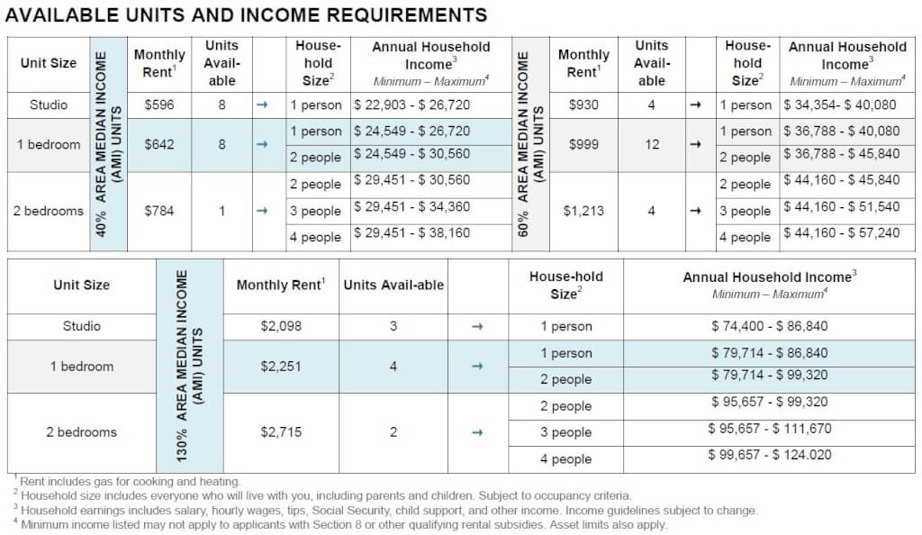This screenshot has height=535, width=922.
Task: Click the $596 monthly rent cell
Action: (158, 104)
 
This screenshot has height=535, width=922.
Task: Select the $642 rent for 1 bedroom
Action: (158, 144)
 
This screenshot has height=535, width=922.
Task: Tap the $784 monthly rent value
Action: (158, 211)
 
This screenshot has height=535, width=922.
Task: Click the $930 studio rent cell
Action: (583, 104)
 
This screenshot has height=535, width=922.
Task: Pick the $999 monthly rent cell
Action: (583, 144)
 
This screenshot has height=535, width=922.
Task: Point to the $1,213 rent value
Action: (583, 211)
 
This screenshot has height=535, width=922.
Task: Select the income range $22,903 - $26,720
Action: (411, 104)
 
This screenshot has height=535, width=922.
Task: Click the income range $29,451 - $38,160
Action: (411, 238)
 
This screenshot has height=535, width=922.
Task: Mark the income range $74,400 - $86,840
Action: (769, 326)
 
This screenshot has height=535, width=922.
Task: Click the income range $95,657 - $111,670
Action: (769, 432)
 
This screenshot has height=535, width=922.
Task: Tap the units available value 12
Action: (652, 144)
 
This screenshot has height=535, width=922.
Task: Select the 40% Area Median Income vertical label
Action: (107, 144)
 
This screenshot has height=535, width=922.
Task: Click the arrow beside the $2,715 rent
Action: (477, 432)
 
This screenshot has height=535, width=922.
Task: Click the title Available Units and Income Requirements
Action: (247, 14)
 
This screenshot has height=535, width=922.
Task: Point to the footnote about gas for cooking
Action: (131, 483)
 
